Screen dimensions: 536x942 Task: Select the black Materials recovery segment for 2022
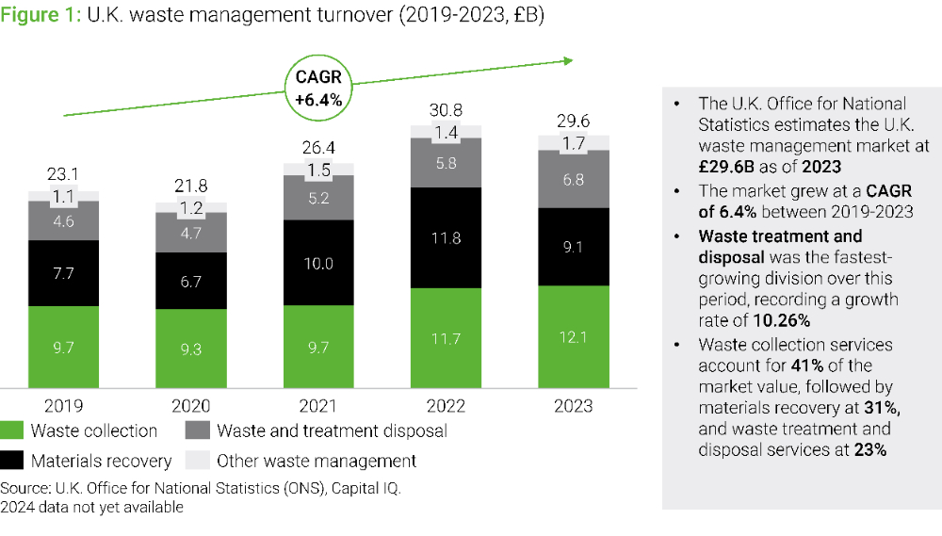click(x=446, y=237)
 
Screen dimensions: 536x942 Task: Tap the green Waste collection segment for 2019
click(x=63, y=348)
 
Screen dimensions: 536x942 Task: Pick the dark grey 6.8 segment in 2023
click(x=573, y=179)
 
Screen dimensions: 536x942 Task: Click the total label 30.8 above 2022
click(x=446, y=109)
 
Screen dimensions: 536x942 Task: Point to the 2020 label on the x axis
click(x=190, y=406)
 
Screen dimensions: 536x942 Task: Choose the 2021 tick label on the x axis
click(x=318, y=406)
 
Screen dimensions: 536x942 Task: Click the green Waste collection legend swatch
click(x=12, y=431)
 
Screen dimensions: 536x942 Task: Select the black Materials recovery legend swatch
click(x=12, y=462)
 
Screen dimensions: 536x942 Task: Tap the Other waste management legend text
click(x=317, y=462)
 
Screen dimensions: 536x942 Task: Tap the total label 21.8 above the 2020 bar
click(x=190, y=187)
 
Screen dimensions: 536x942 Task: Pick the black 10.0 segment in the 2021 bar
click(x=318, y=263)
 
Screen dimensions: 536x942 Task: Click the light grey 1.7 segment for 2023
click(x=573, y=144)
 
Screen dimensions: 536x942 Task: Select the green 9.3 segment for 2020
click(x=190, y=349)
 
